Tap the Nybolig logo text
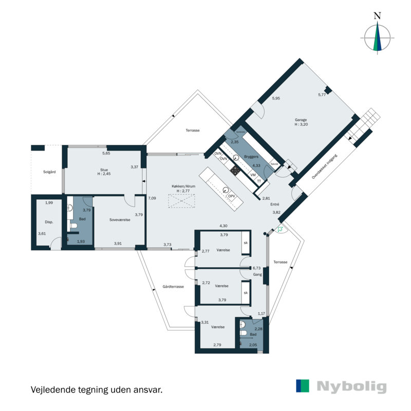point(351,386)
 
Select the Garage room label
point(302,119)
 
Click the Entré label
point(275,204)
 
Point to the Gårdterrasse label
point(173,287)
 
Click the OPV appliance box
point(232,196)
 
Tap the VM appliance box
point(253,175)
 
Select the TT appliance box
point(259,181)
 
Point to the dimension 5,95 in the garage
point(276,98)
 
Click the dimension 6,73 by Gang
point(257,268)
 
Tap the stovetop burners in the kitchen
point(236,170)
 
